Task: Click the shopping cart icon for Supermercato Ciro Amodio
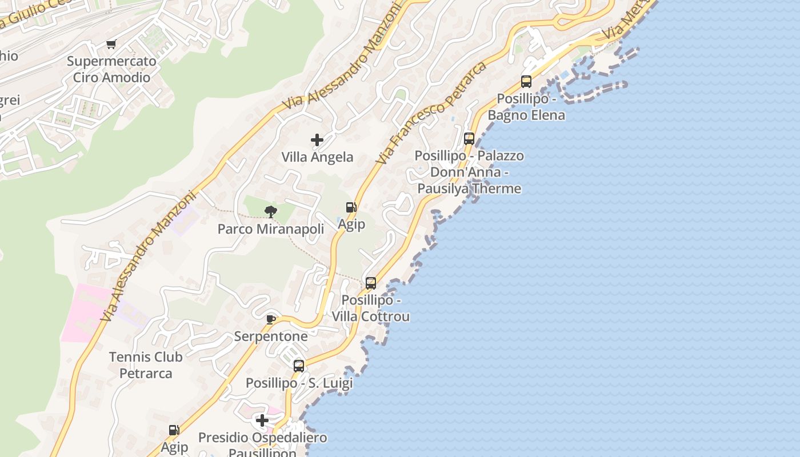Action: point(111,45)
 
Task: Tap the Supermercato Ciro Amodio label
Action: point(111,69)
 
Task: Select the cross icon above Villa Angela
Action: point(317,140)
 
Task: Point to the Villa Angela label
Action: point(317,157)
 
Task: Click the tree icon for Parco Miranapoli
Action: point(271,213)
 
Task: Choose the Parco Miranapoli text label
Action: point(271,229)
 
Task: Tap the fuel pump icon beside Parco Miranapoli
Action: point(351,207)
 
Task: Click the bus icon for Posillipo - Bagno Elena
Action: point(526,82)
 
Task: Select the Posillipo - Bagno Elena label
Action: point(526,107)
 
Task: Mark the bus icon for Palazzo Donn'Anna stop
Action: point(469,139)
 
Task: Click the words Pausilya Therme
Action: point(469,189)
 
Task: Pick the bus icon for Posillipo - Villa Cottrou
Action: point(371,283)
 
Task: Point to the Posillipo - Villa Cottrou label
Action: point(371,308)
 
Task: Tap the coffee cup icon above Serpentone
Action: point(271,319)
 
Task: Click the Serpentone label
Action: point(271,336)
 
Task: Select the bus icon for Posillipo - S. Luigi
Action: point(299,366)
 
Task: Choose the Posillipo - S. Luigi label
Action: point(299,383)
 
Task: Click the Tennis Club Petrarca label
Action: point(146,365)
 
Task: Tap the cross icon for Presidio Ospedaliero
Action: point(262,421)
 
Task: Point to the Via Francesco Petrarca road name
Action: point(432,113)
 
